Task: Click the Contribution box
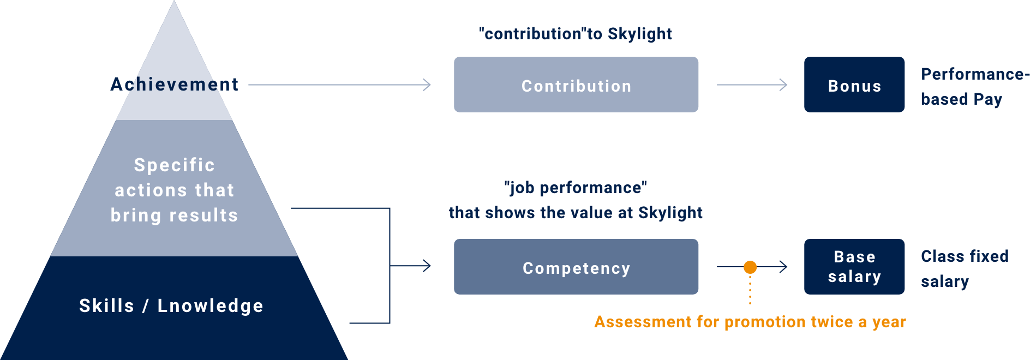pos(576,85)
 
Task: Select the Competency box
pos(576,267)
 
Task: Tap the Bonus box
pos(854,85)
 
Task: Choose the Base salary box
pos(854,267)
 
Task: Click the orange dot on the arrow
pos(750,267)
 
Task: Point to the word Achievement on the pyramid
pos(175,84)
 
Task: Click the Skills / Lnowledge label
pos(171,305)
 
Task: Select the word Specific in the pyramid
pos(175,165)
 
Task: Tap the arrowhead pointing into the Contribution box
pos(427,85)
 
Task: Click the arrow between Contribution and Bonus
pos(752,85)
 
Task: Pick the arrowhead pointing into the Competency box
pos(427,266)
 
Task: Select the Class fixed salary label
pos(964,268)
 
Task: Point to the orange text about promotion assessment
pos(750,322)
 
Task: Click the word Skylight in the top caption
pos(640,34)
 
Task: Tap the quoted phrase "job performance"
pos(576,188)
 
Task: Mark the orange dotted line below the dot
pos(750,289)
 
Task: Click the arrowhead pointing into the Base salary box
pos(783,267)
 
